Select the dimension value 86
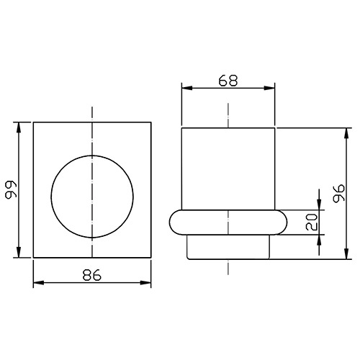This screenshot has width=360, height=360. tap(92, 274)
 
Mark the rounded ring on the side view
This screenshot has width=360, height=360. tap(228, 223)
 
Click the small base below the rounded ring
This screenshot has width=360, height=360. tap(228, 247)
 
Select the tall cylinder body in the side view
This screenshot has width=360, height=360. tap(228, 169)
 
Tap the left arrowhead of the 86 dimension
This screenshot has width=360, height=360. tap(37, 282)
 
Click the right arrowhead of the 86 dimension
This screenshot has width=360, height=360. tap(147, 282)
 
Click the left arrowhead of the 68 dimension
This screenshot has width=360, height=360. tap(184, 89)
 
